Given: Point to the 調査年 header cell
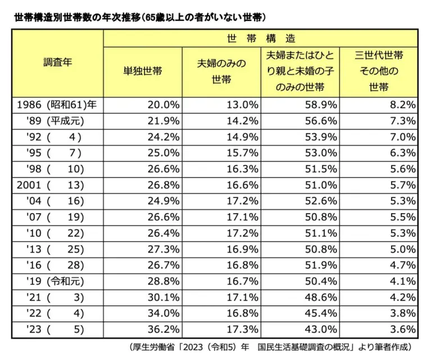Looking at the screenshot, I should (x=57, y=62).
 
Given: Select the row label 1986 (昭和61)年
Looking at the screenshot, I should (x=57, y=105).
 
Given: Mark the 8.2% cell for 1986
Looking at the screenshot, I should (x=401, y=105).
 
